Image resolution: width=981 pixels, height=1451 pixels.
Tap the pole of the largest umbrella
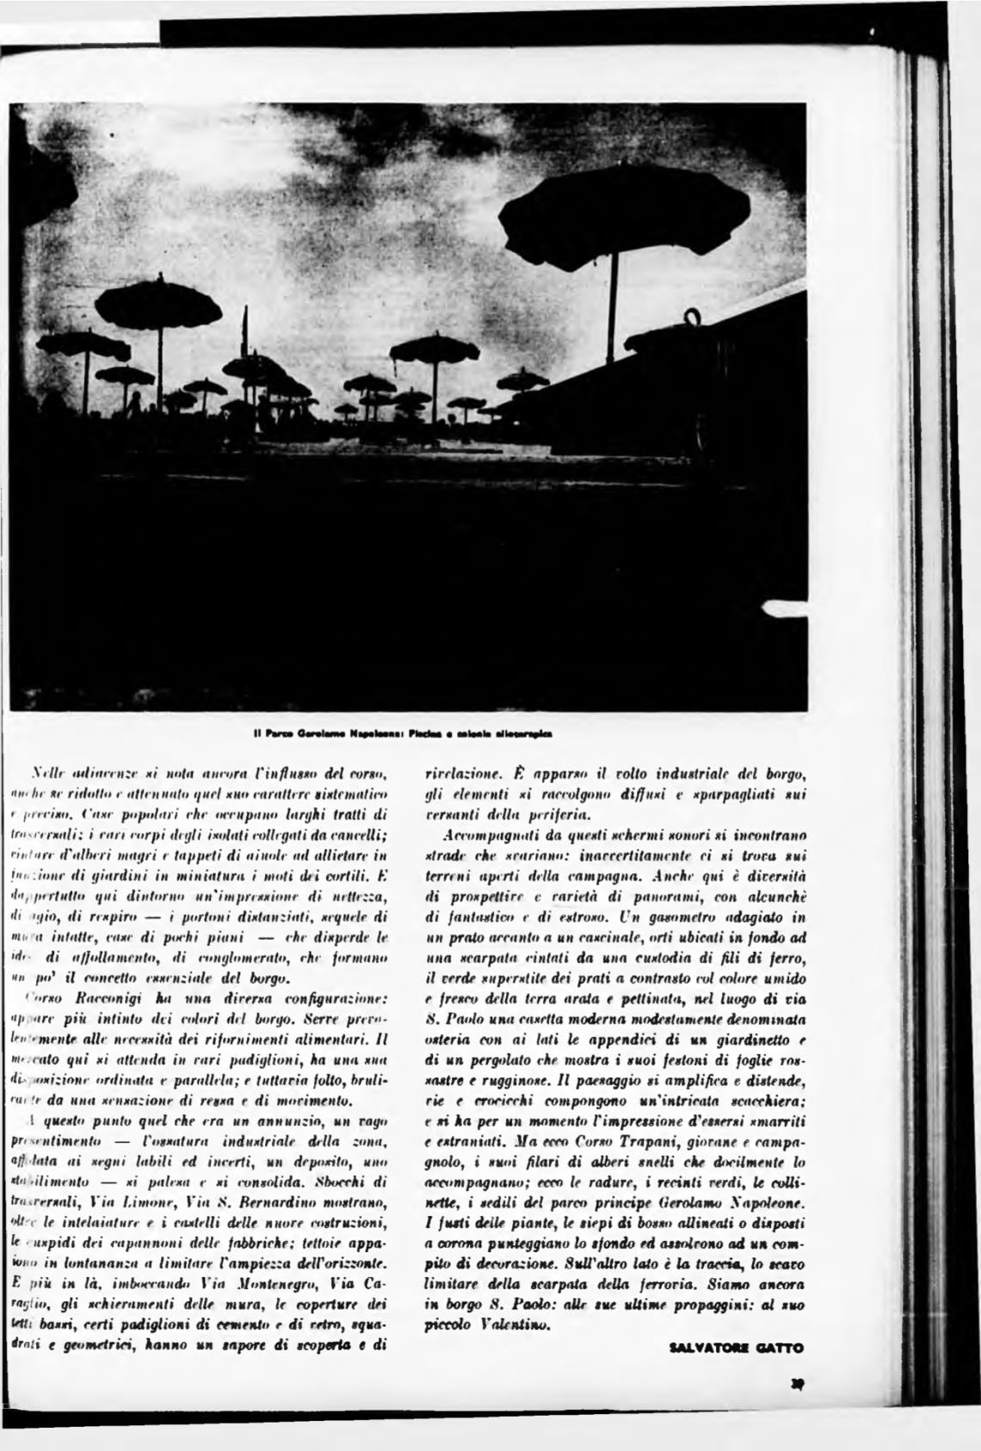pyautogui.click(x=612, y=301)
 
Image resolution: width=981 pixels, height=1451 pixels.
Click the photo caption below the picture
pyautogui.click(x=403, y=735)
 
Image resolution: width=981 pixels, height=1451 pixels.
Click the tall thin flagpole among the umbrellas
pyautogui.click(x=245, y=344)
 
